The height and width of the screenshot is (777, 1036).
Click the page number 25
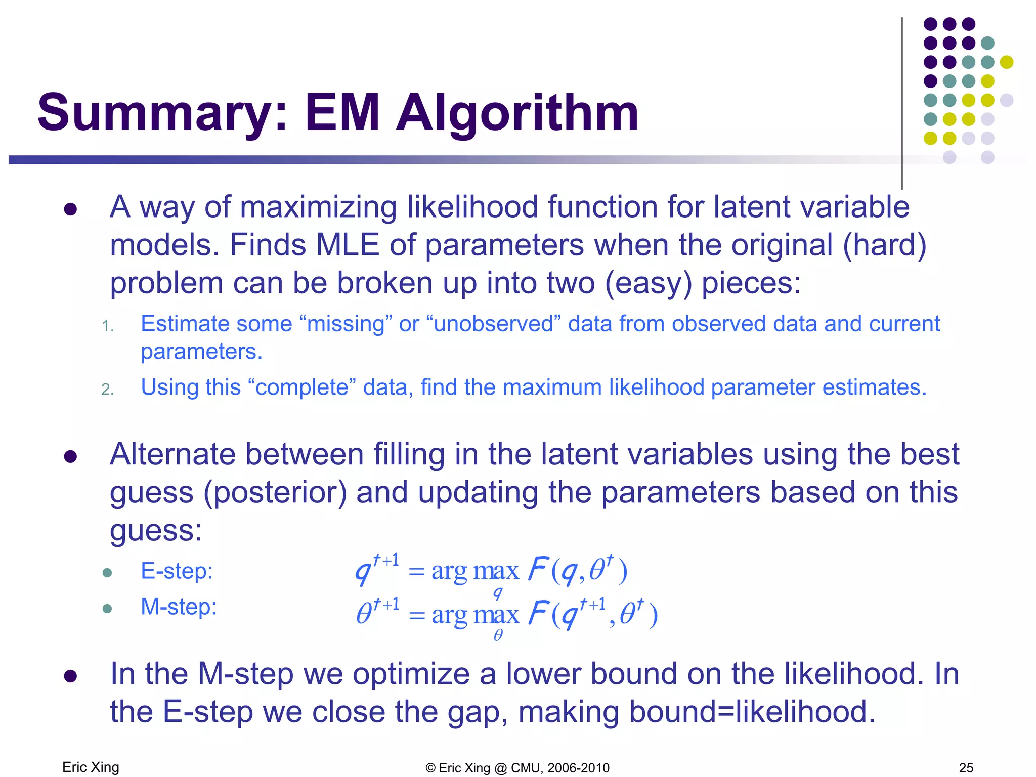click(x=966, y=767)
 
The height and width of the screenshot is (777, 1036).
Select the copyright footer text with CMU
click(x=517, y=767)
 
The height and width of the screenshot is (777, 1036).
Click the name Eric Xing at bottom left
click(x=91, y=767)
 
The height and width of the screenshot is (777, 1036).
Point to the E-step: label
click(x=177, y=571)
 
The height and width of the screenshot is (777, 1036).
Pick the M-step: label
click(x=178, y=607)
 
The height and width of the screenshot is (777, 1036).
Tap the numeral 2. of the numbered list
click(x=107, y=389)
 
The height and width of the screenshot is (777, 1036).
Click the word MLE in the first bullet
click(x=347, y=245)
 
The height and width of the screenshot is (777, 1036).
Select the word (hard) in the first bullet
click(x=884, y=245)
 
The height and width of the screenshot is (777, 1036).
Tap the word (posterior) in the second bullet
click(x=275, y=492)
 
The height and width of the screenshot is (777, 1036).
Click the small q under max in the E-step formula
click(x=498, y=592)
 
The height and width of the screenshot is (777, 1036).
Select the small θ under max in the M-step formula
click(x=498, y=635)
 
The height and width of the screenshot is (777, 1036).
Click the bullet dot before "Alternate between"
click(x=70, y=456)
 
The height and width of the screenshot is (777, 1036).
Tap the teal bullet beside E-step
click(x=107, y=573)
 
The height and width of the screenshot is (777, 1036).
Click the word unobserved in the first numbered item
click(x=494, y=324)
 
